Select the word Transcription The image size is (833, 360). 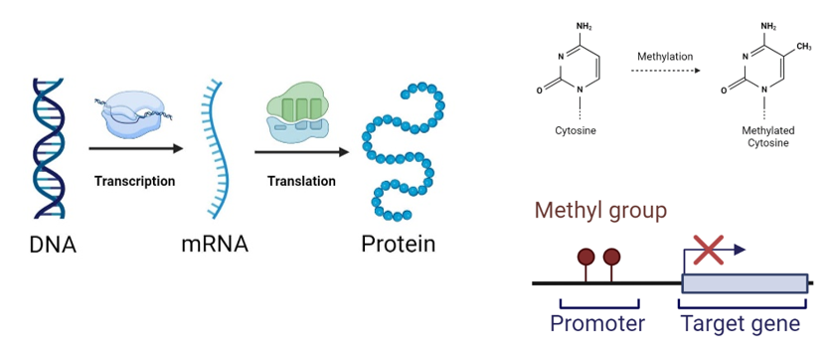(x=134, y=181)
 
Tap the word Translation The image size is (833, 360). (x=300, y=181)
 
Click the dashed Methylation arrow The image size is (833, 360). (x=665, y=73)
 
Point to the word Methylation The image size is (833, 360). (x=665, y=56)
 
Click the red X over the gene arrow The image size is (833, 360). (x=707, y=251)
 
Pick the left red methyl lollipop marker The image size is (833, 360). (x=586, y=260)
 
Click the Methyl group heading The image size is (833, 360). (x=600, y=211)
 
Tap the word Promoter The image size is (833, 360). (x=597, y=323)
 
